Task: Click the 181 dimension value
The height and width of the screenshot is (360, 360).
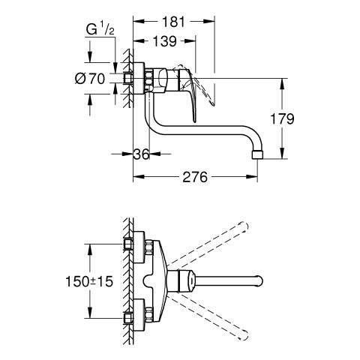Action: coord(173,22)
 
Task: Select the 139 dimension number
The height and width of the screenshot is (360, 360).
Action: coord(165,41)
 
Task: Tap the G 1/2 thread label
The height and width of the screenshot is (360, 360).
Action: coord(100,28)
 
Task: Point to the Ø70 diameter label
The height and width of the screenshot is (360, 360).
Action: coord(90,79)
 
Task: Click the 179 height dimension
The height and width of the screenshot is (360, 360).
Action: coord(282,118)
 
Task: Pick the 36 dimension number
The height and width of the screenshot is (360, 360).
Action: coord(141,154)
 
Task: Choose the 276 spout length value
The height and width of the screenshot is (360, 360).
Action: coord(195,177)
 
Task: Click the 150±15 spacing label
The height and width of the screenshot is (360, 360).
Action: coord(89,281)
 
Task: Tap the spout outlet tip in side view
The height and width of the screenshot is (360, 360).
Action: coord(257,154)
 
